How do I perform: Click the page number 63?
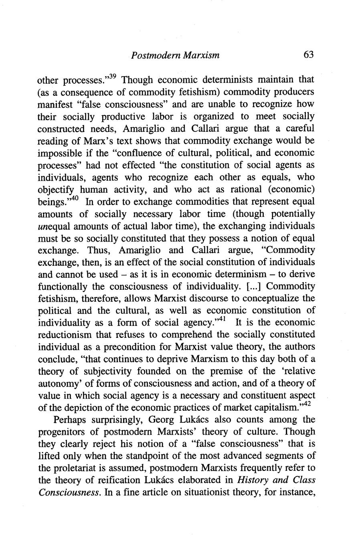pyautogui.click(x=308, y=54)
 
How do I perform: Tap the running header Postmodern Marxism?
pyautogui.click(x=175, y=55)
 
